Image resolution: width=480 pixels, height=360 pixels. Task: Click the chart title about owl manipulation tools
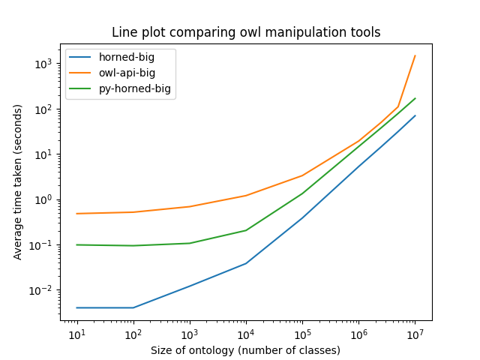click(246, 32)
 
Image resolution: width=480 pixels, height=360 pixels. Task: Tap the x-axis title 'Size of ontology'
click(245, 350)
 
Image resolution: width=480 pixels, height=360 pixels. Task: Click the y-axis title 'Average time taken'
click(18, 181)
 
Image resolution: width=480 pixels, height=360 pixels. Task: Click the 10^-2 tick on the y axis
click(43, 290)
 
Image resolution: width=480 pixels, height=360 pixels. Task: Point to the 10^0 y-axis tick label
click(45, 199)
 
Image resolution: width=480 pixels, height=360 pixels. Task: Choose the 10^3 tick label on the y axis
click(45, 64)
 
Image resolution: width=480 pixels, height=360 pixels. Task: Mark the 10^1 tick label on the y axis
click(45, 154)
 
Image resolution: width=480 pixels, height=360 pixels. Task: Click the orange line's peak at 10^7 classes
click(415, 55)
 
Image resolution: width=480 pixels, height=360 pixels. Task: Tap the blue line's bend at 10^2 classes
click(133, 307)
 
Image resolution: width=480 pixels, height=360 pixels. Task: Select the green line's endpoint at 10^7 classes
click(415, 98)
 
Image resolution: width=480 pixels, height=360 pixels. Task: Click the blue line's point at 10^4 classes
click(246, 263)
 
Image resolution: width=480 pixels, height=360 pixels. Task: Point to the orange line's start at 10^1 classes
click(76, 214)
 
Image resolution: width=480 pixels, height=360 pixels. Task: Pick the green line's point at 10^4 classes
click(246, 230)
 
